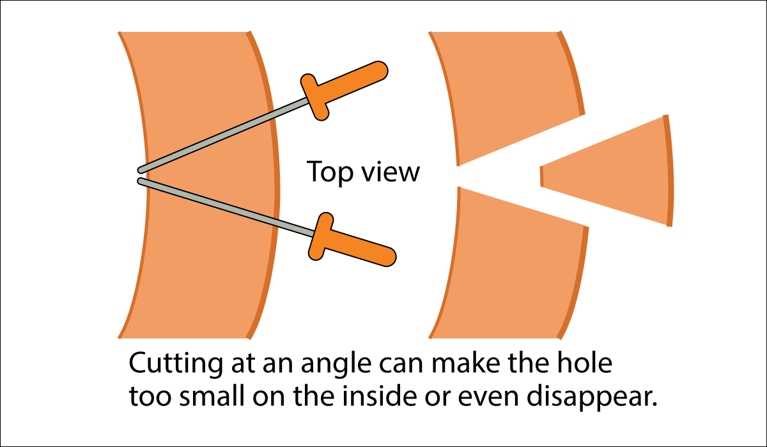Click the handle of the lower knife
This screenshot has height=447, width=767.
click(361, 248)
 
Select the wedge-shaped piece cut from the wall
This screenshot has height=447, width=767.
click(614, 171)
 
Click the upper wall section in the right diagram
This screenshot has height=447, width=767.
click(505, 89)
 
